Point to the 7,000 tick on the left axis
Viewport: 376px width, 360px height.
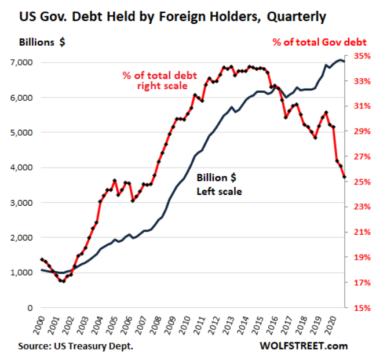[21, 63]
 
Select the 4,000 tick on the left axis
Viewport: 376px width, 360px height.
[21, 168]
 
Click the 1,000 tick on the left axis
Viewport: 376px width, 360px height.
[21, 272]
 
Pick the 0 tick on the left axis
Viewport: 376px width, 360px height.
[30, 308]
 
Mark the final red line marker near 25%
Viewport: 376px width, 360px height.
[344, 177]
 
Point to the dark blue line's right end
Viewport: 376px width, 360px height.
[344, 61]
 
